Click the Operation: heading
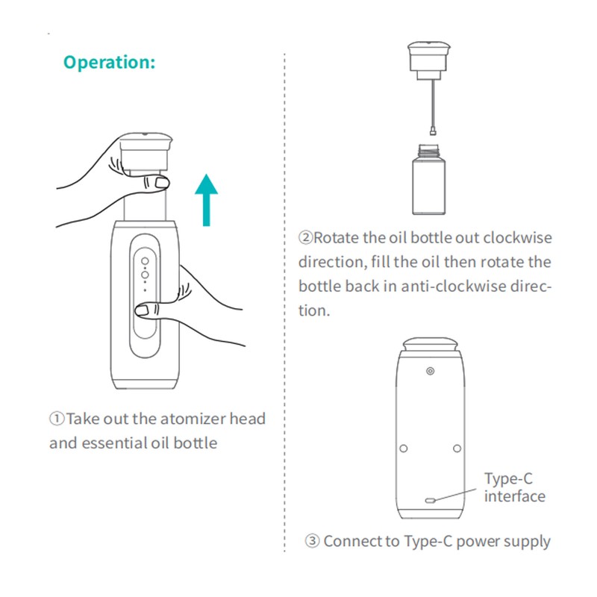[109, 62]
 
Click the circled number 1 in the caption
[57, 419]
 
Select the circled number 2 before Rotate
[306, 239]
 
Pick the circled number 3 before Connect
[312, 542]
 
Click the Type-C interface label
[514, 487]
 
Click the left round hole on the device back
[404, 448]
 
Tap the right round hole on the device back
[457, 448]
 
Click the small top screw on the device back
[430, 370]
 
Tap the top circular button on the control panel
[146, 262]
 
